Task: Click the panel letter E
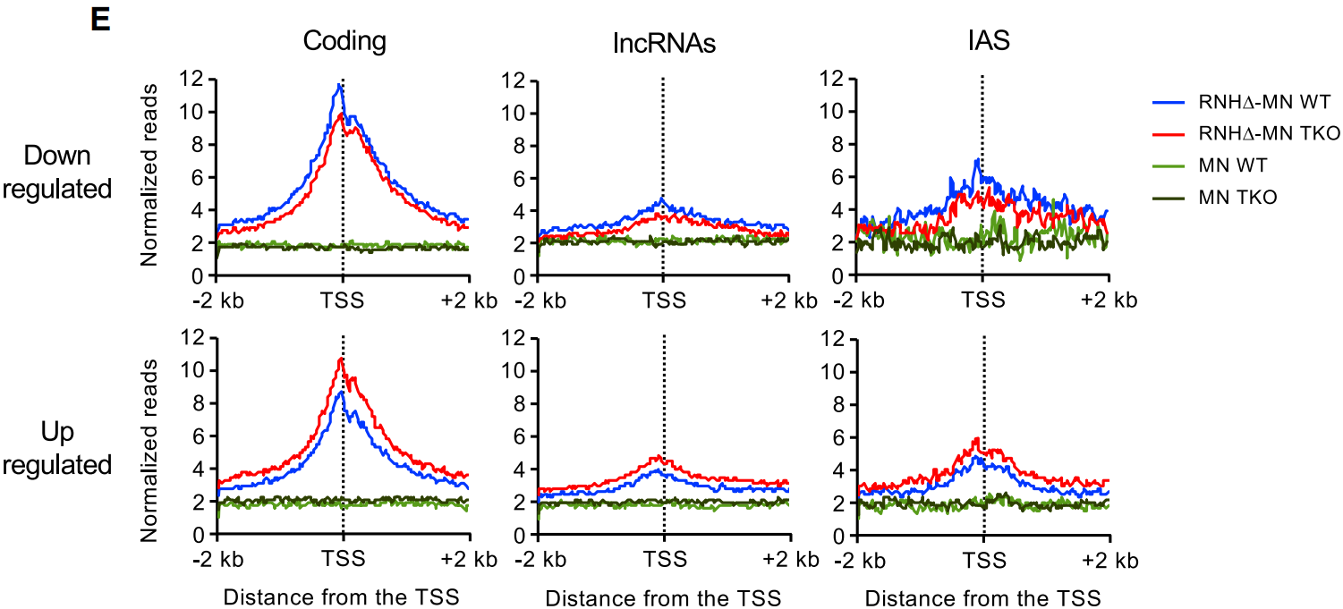tap(99, 20)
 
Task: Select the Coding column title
tap(344, 41)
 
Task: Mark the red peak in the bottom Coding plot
tap(341, 359)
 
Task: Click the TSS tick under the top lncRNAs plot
tap(663, 300)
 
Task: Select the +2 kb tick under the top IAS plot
tap(1109, 300)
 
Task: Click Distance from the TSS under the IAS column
tap(983, 596)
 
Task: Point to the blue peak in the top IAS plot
tap(978, 161)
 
